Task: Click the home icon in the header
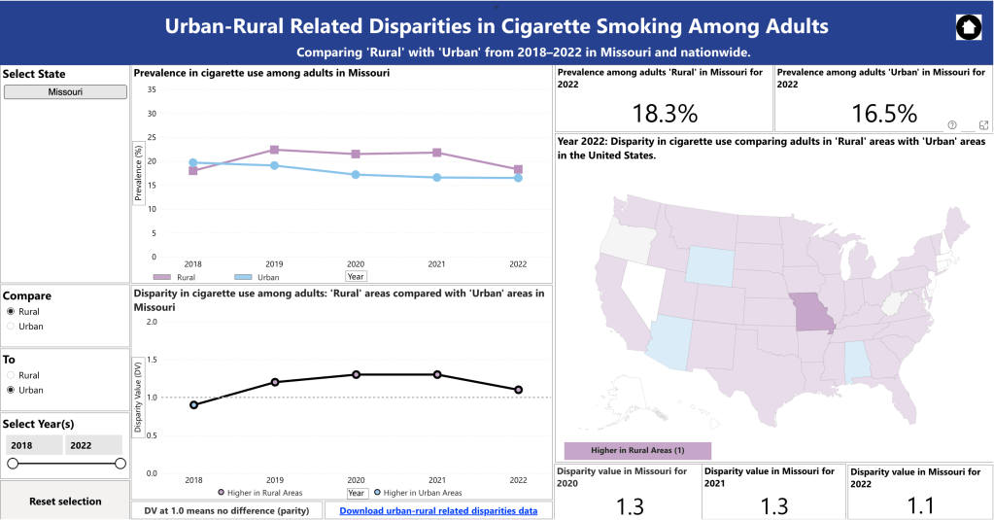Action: point(968,27)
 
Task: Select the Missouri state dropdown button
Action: point(65,91)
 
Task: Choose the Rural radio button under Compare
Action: point(12,311)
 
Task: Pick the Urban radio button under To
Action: point(12,390)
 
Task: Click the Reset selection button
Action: point(65,502)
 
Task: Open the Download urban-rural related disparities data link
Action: point(439,509)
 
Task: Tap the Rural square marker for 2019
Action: point(274,150)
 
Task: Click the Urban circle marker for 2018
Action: point(192,162)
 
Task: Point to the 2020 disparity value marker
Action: point(356,374)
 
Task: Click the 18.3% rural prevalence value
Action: point(665,113)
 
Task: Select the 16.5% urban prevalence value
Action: point(883,113)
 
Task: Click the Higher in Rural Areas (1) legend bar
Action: point(637,450)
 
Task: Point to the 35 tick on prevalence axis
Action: point(151,89)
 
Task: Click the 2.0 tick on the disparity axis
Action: point(150,321)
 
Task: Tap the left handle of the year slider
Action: point(13,464)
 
